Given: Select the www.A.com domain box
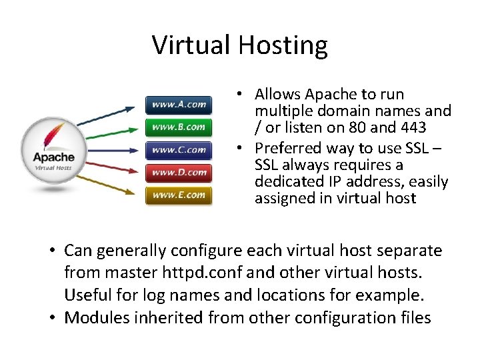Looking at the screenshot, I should pos(179,105).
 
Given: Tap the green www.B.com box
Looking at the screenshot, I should pos(179,127).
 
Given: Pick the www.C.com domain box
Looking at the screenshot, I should pos(179,149).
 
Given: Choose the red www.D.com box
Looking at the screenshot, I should pos(179,173).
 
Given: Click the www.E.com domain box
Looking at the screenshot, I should pos(179,195).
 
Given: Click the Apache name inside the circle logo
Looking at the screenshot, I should pos(54,158).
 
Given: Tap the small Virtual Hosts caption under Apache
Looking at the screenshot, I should pos(53,168).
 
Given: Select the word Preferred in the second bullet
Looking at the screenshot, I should pos(289,147).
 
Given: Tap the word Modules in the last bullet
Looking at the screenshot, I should pos(94,317).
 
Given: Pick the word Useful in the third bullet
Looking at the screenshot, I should pos(85,295).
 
